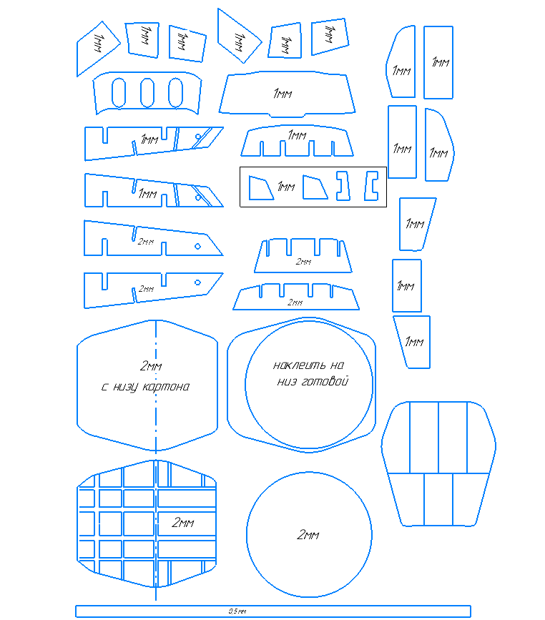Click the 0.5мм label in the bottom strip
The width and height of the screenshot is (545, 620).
point(237,611)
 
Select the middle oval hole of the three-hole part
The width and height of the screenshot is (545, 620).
point(148,92)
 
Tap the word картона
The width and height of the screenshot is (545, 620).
point(167,387)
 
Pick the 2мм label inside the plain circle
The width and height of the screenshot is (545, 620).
point(308,535)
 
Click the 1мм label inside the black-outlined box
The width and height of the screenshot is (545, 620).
point(285,187)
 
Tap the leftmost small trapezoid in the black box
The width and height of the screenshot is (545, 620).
point(259,188)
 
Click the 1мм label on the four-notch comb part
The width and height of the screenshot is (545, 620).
point(296,134)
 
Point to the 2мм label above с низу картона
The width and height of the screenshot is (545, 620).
point(151,366)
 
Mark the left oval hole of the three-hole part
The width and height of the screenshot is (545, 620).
point(119,92)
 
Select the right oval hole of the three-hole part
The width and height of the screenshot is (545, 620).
point(175,92)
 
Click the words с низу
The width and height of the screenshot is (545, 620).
point(120,387)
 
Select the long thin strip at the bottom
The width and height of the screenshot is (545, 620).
point(358,611)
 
